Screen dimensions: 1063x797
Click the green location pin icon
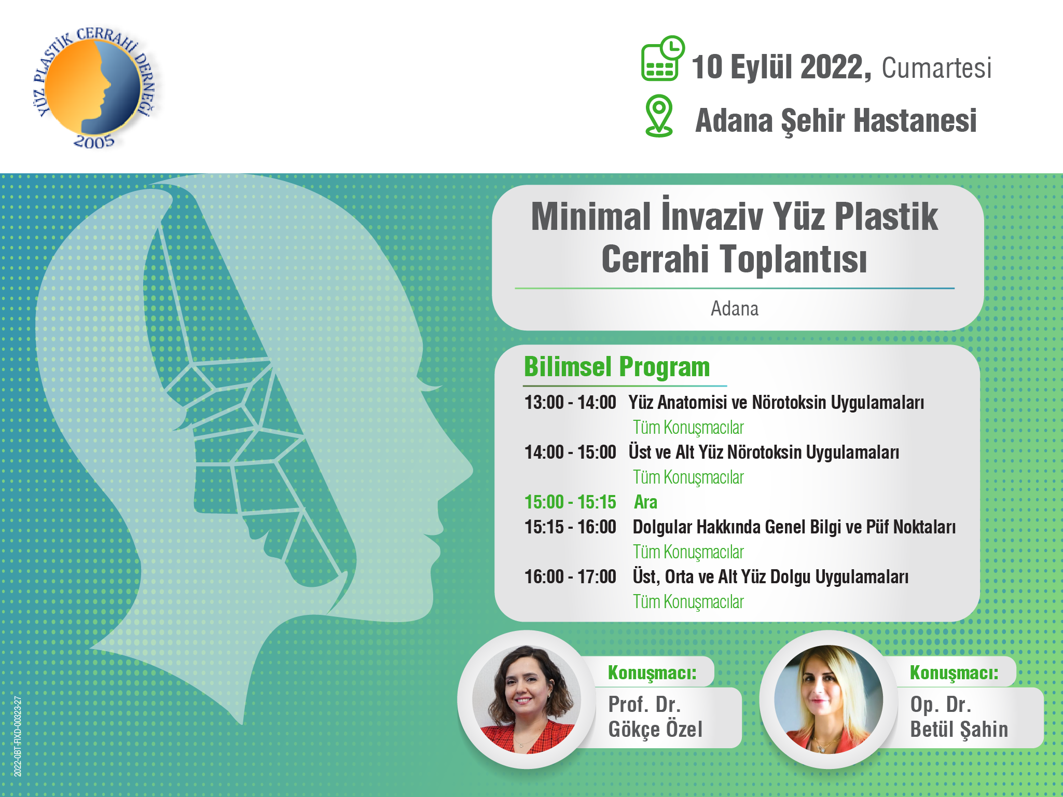tap(659, 116)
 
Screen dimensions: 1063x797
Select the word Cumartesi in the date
tap(936, 68)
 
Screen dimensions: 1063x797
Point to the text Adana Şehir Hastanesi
tap(836, 121)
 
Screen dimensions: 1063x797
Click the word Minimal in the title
tap(591, 216)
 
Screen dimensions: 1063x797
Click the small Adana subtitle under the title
tap(735, 309)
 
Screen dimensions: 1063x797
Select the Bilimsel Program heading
tap(617, 367)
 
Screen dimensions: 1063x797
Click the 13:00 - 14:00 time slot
tap(570, 403)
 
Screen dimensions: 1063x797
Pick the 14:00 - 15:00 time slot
tap(570, 452)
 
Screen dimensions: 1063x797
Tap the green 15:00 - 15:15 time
tap(570, 502)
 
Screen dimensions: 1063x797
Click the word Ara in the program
tap(645, 502)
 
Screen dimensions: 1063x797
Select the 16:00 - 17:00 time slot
tap(570, 577)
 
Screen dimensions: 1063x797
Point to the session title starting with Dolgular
tap(794, 527)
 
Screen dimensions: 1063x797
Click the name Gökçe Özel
tap(655, 730)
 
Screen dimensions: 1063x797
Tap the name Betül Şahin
tap(959, 730)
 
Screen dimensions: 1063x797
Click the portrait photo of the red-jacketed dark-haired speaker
tap(527, 699)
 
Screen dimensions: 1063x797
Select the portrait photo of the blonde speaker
tap(829, 699)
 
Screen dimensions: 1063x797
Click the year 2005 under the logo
tap(94, 141)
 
